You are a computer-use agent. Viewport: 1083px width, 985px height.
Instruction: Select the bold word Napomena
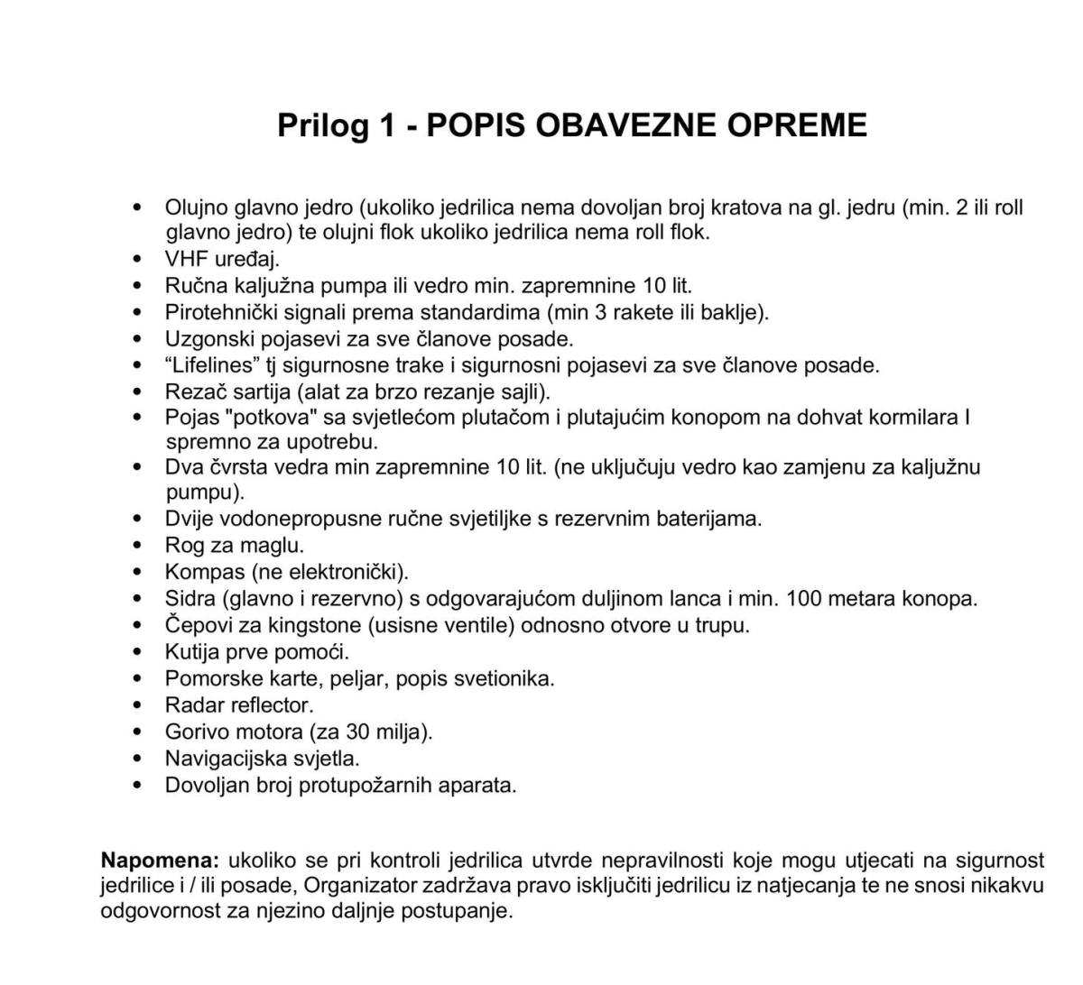[160, 860]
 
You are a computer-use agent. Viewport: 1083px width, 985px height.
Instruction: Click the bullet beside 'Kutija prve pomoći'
[137, 652]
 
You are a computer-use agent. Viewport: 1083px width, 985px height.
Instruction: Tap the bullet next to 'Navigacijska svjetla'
[137, 759]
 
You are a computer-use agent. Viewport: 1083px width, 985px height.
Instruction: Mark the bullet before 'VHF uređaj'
[137, 260]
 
